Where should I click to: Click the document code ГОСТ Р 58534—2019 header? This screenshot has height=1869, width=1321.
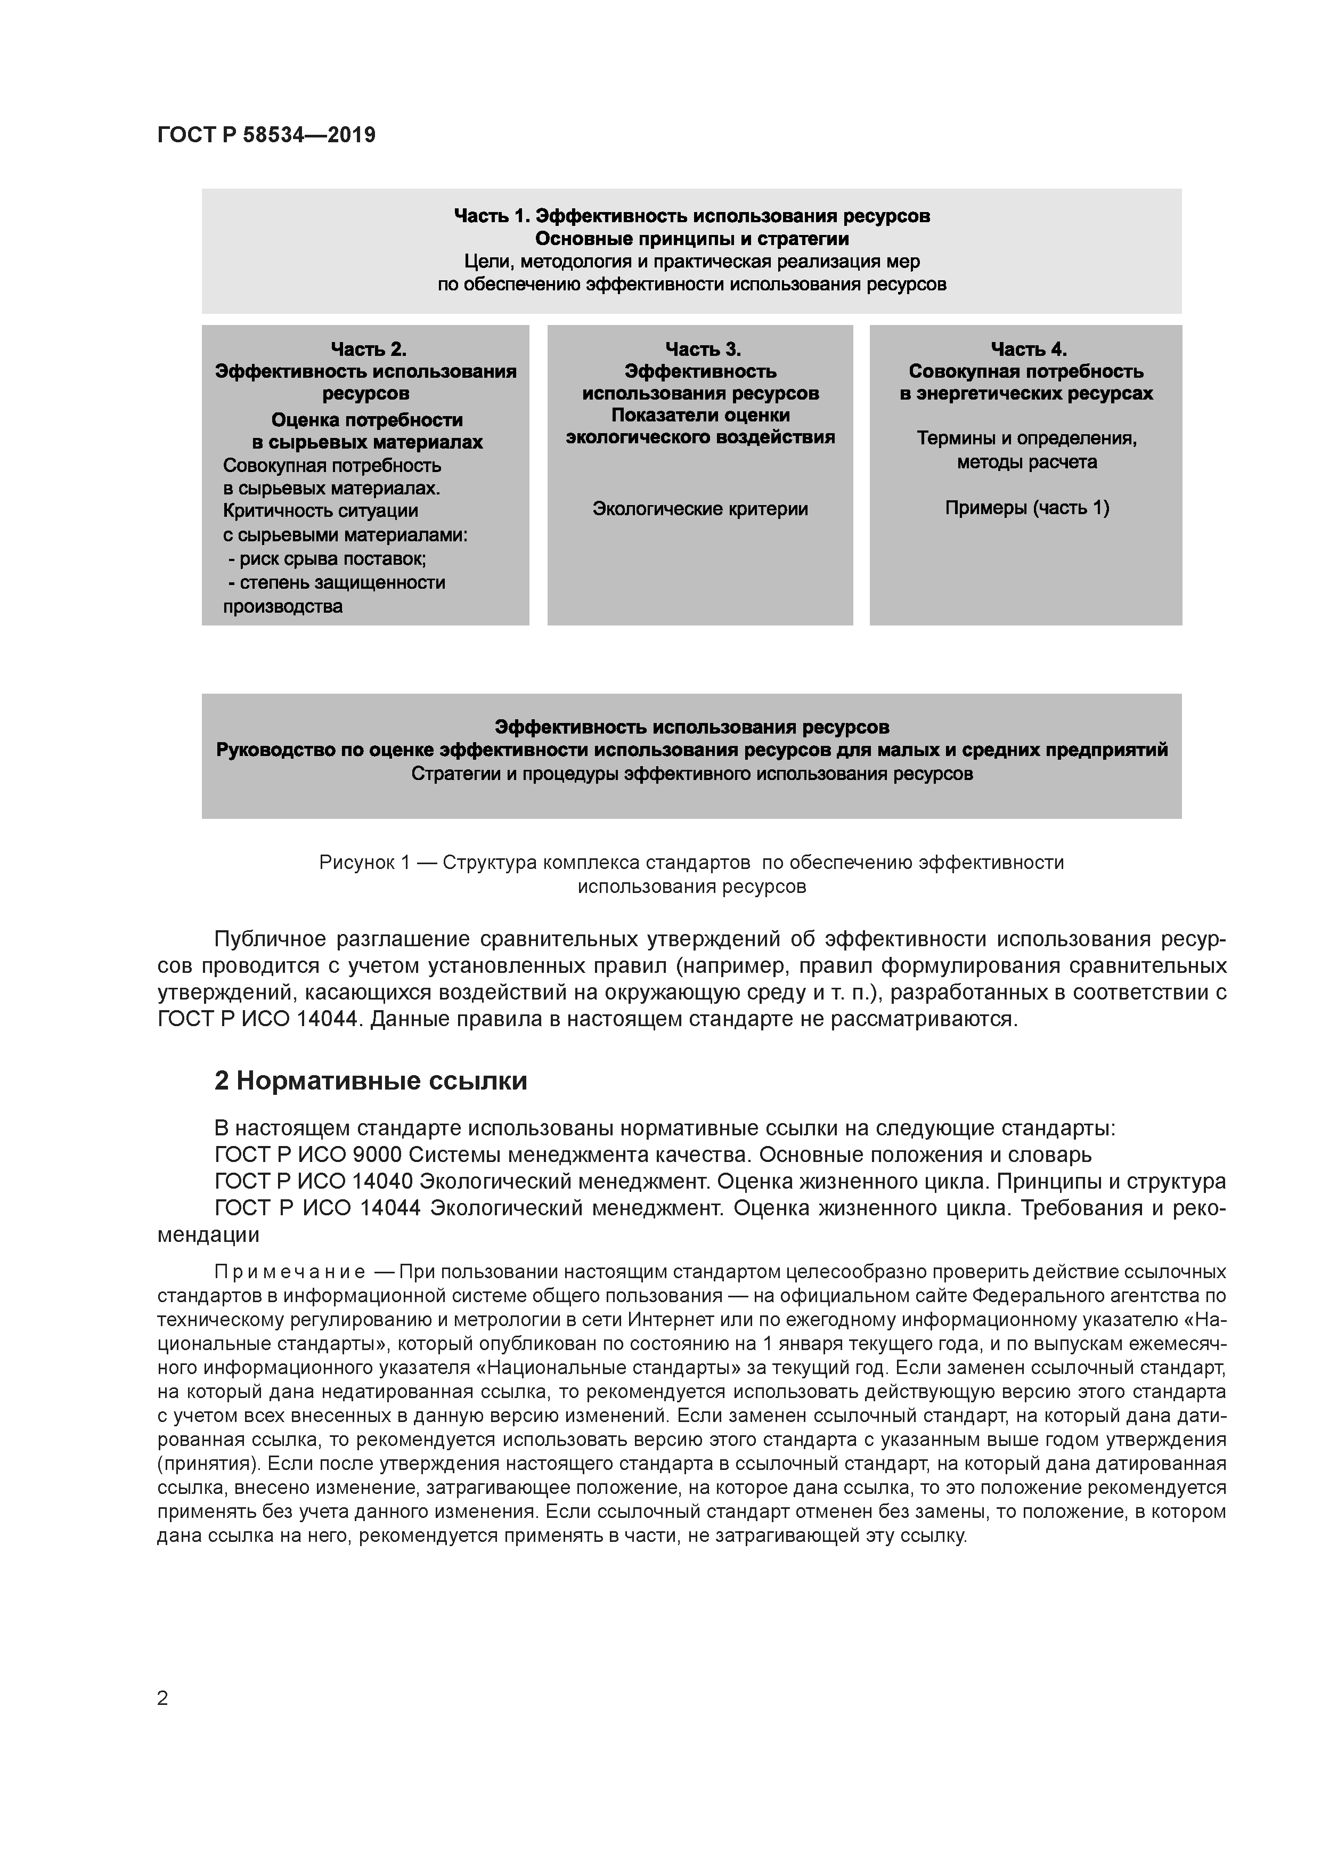tap(266, 135)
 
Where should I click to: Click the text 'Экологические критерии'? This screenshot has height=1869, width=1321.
tap(700, 509)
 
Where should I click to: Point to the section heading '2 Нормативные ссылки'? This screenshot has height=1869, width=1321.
tap(370, 1081)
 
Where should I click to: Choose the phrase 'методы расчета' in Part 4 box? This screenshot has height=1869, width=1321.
tap(1026, 462)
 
